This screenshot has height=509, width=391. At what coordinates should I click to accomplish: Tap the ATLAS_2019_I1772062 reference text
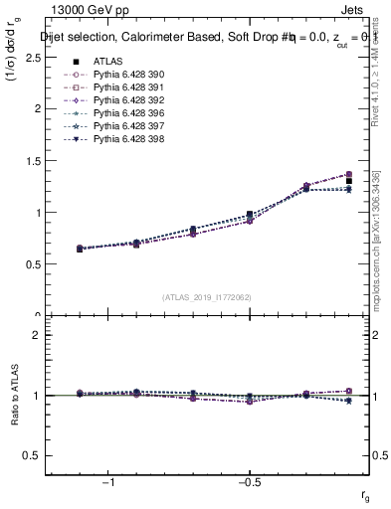(x=208, y=296)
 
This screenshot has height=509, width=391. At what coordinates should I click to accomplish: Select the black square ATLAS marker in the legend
(x=76, y=61)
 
